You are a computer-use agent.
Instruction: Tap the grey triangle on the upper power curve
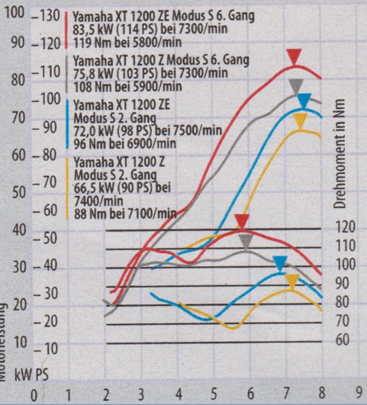coord(296,86)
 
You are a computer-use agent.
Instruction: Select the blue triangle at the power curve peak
coord(305,100)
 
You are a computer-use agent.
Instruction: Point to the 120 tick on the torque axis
coord(345,228)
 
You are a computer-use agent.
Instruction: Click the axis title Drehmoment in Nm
coord(341,152)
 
